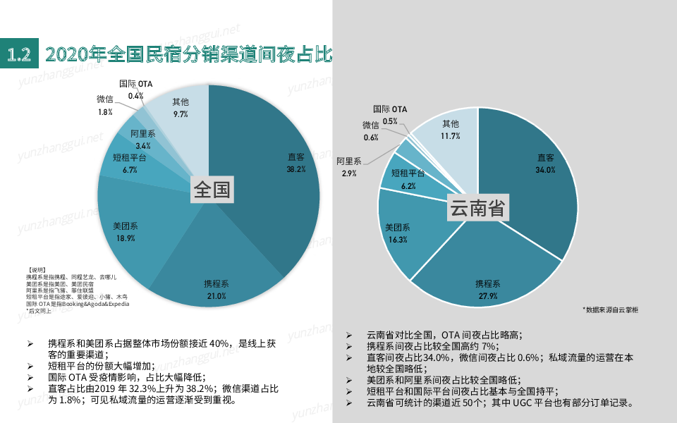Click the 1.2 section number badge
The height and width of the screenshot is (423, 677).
coord(20,54)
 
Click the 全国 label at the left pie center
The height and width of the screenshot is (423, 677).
coord(212,190)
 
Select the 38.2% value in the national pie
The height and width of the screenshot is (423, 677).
coord(295,169)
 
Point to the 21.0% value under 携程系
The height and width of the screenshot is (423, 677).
coord(216,296)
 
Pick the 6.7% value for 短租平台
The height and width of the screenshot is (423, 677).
coord(129,170)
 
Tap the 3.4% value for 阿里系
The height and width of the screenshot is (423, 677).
coord(142,145)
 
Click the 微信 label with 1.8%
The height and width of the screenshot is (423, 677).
coord(105,100)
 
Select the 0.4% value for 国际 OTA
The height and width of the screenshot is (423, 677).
coord(135,95)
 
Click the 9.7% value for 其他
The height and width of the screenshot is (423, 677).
coord(181,114)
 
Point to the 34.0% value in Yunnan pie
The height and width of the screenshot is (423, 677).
coord(545,170)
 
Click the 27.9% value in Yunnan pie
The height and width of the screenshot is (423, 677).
coord(487,296)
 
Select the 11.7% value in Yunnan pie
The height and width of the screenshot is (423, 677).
coord(450,136)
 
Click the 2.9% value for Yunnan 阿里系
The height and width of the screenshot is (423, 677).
coord(348,173)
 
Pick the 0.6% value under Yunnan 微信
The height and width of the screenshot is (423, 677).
coord(371,137)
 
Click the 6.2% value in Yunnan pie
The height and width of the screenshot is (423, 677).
coord(408,185)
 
